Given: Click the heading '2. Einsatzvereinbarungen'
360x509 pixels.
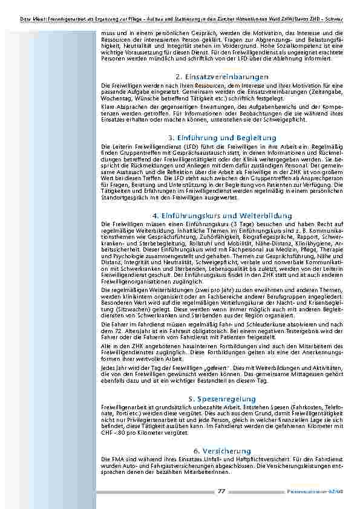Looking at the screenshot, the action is tap(221, 77).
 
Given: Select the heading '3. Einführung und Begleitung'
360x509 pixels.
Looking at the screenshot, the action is tap(221, 138).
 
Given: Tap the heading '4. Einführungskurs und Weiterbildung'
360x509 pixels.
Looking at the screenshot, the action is tap(221, 216).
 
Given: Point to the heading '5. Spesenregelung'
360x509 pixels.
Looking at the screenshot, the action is tap(221, 399).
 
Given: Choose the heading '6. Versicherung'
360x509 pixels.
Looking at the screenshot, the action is tap(221, 451).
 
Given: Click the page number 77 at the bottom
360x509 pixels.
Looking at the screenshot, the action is tap(221, 491).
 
